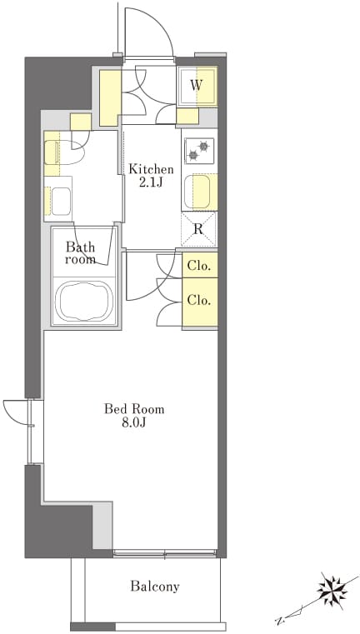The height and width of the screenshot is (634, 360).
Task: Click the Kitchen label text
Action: coord(152,169)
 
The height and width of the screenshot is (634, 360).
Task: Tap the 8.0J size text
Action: coord(135,423)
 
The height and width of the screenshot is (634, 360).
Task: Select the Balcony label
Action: coord(155,587)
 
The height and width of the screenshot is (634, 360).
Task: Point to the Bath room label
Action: coord(81,252)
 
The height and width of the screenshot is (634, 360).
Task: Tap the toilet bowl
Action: coord(65,152)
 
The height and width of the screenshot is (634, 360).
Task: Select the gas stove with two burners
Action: coord(199,151)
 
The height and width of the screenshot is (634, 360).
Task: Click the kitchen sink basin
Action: coord(197,192)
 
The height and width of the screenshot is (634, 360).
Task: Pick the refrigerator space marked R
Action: coord(198,229)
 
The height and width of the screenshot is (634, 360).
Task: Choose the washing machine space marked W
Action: coord(197,85)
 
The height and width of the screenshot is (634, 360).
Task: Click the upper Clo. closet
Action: coord(200,266)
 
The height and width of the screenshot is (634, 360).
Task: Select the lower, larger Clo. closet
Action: coord(200,302)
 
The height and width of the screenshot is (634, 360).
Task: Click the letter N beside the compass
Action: coord(278,620)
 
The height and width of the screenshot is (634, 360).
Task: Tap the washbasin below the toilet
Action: coord(58,200)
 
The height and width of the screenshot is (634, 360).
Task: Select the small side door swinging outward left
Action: coord(16,412)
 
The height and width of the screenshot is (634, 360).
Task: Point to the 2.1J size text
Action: coord(151,182)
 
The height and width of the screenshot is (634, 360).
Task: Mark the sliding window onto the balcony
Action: coord(166,553)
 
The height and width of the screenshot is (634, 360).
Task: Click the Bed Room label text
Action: coord(135,409)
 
